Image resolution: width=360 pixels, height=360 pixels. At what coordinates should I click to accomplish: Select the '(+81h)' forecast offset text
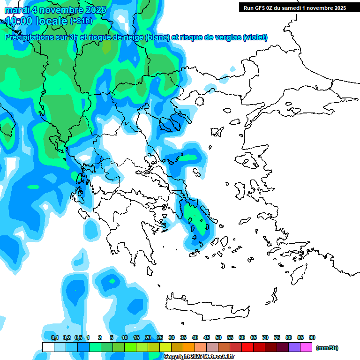tap(81, 21)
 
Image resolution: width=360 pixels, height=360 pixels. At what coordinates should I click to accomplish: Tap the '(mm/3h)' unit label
tap(327, 348)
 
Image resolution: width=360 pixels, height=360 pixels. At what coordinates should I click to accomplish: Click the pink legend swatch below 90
tap(306, 347)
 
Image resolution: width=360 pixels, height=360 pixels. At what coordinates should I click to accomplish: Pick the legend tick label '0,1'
tap(55, 337)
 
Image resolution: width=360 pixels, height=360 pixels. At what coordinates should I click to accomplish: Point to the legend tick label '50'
tap(218, 337)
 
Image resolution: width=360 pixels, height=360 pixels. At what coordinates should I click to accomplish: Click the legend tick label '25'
tap(160, 337)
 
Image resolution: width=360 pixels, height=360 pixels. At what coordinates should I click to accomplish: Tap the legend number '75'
tap(277, 337)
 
